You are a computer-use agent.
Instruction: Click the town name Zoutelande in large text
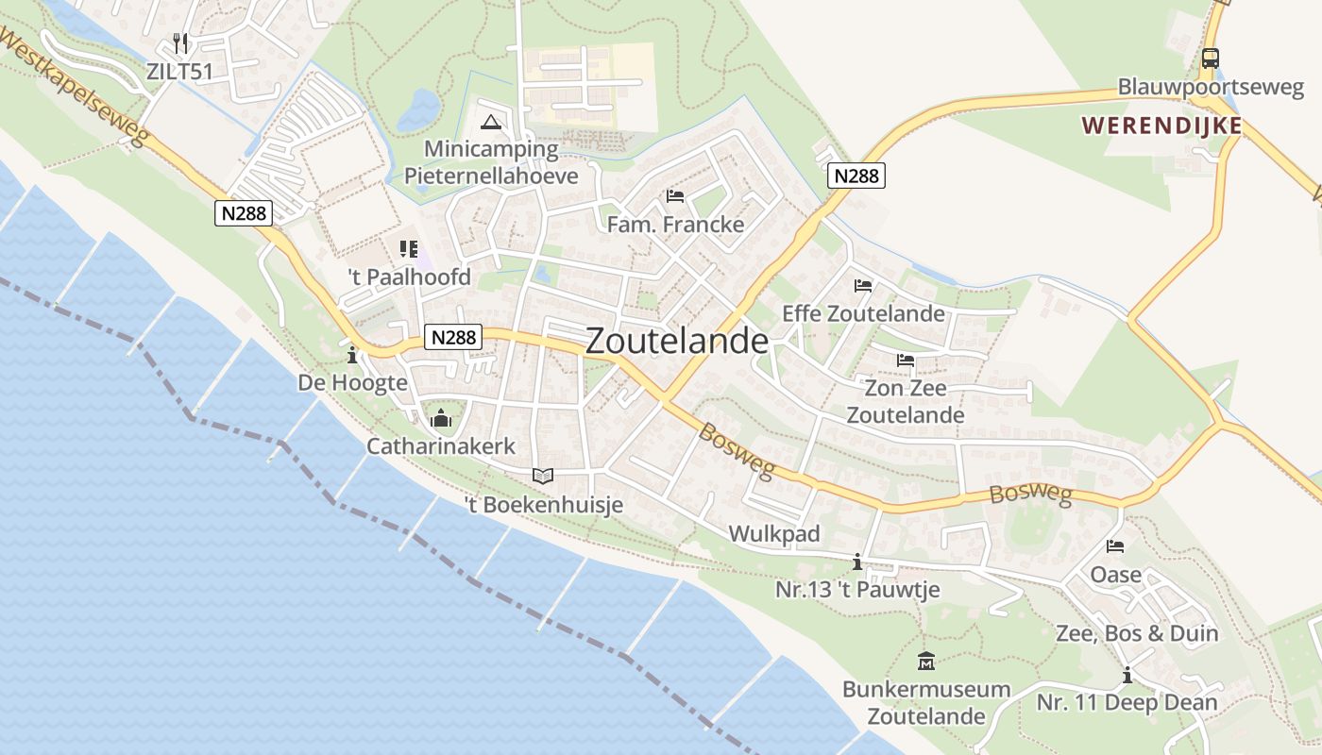676,342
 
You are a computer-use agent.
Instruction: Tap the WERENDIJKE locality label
1161,126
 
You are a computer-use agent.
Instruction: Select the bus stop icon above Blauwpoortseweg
1210,59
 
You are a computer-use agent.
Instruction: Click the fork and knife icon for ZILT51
181,43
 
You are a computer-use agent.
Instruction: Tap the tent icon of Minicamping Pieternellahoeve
490,122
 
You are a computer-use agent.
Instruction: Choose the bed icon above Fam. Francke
675,196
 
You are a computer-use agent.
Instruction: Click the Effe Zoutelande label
863,313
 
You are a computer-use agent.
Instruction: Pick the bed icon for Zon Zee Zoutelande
906,361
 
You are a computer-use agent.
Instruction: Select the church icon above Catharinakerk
441,418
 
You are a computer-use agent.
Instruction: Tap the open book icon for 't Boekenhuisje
543,477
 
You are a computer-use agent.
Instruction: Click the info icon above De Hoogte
352,356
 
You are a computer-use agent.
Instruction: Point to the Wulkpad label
774,534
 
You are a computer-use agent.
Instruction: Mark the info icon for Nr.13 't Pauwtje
857,562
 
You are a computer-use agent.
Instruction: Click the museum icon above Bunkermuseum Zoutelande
925,661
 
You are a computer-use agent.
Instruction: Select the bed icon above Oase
1115,546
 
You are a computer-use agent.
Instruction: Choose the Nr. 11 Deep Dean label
1127,703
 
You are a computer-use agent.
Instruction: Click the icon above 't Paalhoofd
409,249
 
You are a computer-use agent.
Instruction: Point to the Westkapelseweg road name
74,86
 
